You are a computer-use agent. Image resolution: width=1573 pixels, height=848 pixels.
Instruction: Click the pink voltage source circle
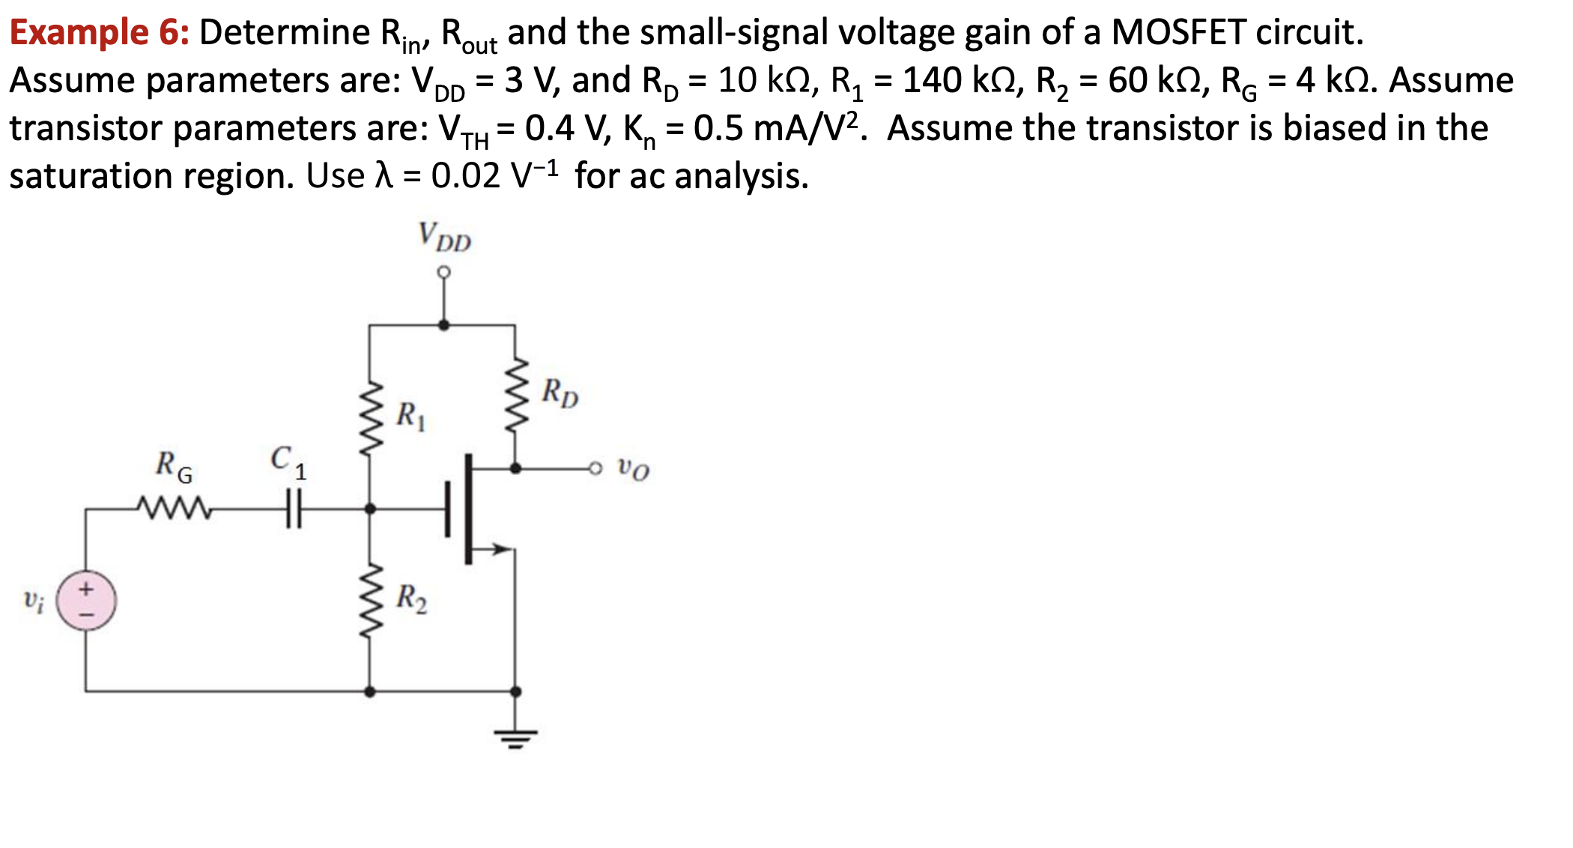click(x=86, y=601)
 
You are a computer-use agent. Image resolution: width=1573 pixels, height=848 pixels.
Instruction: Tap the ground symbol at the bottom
click(x=515, y=737)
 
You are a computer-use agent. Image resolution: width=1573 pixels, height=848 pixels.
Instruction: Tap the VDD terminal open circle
click(x=444, y=271)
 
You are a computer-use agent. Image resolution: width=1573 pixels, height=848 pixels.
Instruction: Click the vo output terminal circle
click(x=595, y=469)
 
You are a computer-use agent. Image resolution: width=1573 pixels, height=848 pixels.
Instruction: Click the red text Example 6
click(x=99, y=33)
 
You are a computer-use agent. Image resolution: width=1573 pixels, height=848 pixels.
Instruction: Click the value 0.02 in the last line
click(x=465, y=177)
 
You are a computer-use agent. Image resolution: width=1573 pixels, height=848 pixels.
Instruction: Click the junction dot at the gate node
click(x=369, y=509)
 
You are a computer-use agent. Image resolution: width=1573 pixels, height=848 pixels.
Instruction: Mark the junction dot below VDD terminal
click(x=444, y=325)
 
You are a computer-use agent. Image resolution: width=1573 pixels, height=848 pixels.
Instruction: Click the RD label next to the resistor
click(x=560, y=393)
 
